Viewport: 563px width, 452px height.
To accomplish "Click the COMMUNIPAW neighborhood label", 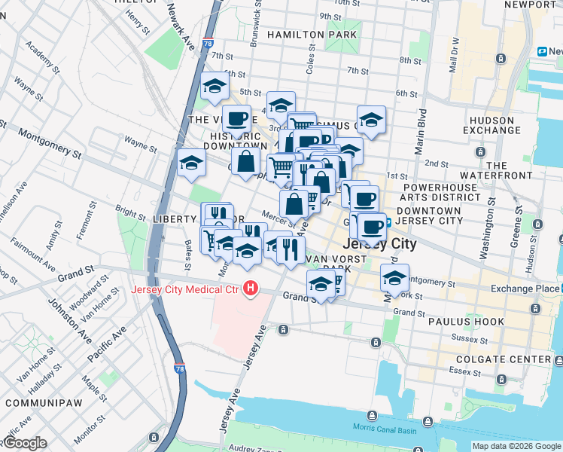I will (37, 403).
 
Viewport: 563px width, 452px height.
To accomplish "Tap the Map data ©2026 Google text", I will (516, 446).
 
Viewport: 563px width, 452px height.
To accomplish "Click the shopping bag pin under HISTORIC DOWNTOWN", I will (245, 160).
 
